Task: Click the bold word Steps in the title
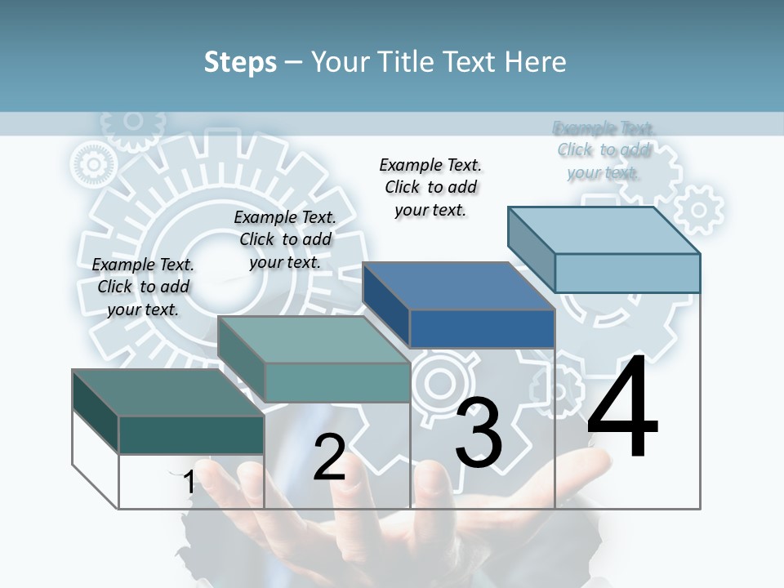click(240, 62)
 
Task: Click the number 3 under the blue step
click(479, 433)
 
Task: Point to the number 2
click(329, 457)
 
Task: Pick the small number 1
click(189, 483)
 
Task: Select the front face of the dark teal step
click(191, 434)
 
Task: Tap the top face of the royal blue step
click(458, 286)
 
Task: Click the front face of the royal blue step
click(482, 329)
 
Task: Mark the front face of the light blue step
click(627, 273)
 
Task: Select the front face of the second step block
click(336, 382)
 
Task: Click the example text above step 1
click(143, 287)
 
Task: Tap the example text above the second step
click(285, 239)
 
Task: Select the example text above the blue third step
click(430, 187)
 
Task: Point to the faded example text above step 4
click(604, 149)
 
